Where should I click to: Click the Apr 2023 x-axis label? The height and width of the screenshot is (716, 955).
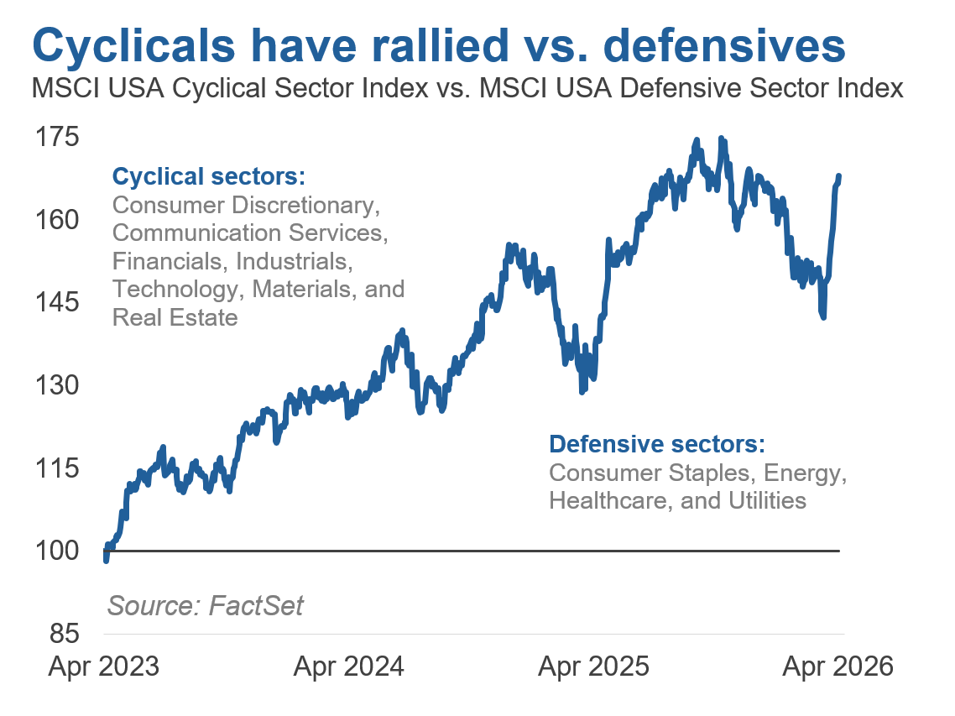click(x=103, y=667)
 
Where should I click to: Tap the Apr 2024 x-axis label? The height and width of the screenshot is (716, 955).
click(x=348, y=667)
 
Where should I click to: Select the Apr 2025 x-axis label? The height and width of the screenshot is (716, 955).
click(x=593, y=667)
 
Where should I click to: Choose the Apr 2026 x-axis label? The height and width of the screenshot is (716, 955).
click(x=838, y=667)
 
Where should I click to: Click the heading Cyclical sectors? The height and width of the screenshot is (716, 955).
click(x=208, y=177)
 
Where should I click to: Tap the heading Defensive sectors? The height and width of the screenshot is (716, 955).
click(x=657, y=444)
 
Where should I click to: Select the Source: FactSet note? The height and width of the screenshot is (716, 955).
click(x=206, y=605)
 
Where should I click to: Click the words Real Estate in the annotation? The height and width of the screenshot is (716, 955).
click(x=175, y=318)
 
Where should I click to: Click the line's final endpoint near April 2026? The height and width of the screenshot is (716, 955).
click(x=839, y=175)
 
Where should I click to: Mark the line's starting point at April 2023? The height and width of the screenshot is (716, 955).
click(x=106, y=561)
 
